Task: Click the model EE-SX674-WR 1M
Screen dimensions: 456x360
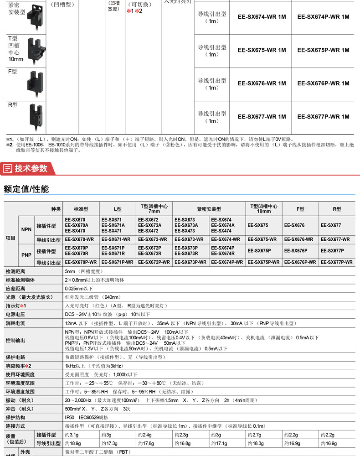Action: tap(262, 17)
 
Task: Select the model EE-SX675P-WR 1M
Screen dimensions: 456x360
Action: tap(323, 50)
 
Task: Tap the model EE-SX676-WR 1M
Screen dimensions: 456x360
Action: tap(262, 83)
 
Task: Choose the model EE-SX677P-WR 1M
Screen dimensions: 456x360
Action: tap(323, 117)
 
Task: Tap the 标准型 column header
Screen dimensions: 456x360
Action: tap(81, 209)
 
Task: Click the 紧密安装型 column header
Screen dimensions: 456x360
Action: tap(208, 209)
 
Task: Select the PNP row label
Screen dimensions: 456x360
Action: tap(26, 255)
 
